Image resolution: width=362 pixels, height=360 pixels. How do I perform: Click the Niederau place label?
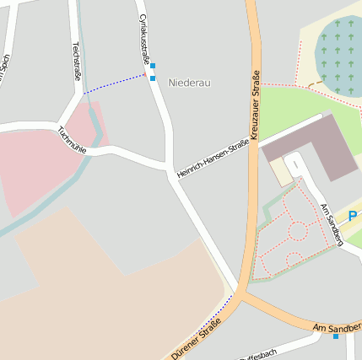point(189,83)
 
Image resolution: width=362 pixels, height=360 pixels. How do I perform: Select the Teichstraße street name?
point(76,61)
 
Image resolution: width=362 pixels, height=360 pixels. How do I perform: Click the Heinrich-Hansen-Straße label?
point(213,159)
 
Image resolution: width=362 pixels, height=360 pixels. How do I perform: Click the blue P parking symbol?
point(352,216)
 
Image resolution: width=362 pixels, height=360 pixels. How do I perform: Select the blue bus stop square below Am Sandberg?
point(336,336)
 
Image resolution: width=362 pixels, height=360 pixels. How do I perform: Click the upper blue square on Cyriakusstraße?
point(152,66)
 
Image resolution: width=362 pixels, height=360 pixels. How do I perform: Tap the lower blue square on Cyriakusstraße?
point(153,78)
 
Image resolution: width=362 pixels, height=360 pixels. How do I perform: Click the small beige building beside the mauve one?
point(281,172)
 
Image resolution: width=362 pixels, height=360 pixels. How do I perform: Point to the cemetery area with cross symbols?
point(338,56)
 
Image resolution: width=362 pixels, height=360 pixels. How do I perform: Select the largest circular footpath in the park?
point(297,229)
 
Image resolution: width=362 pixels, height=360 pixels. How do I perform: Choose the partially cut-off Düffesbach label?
point(258,354)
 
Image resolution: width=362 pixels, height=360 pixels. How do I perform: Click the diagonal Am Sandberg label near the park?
point(332,224)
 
